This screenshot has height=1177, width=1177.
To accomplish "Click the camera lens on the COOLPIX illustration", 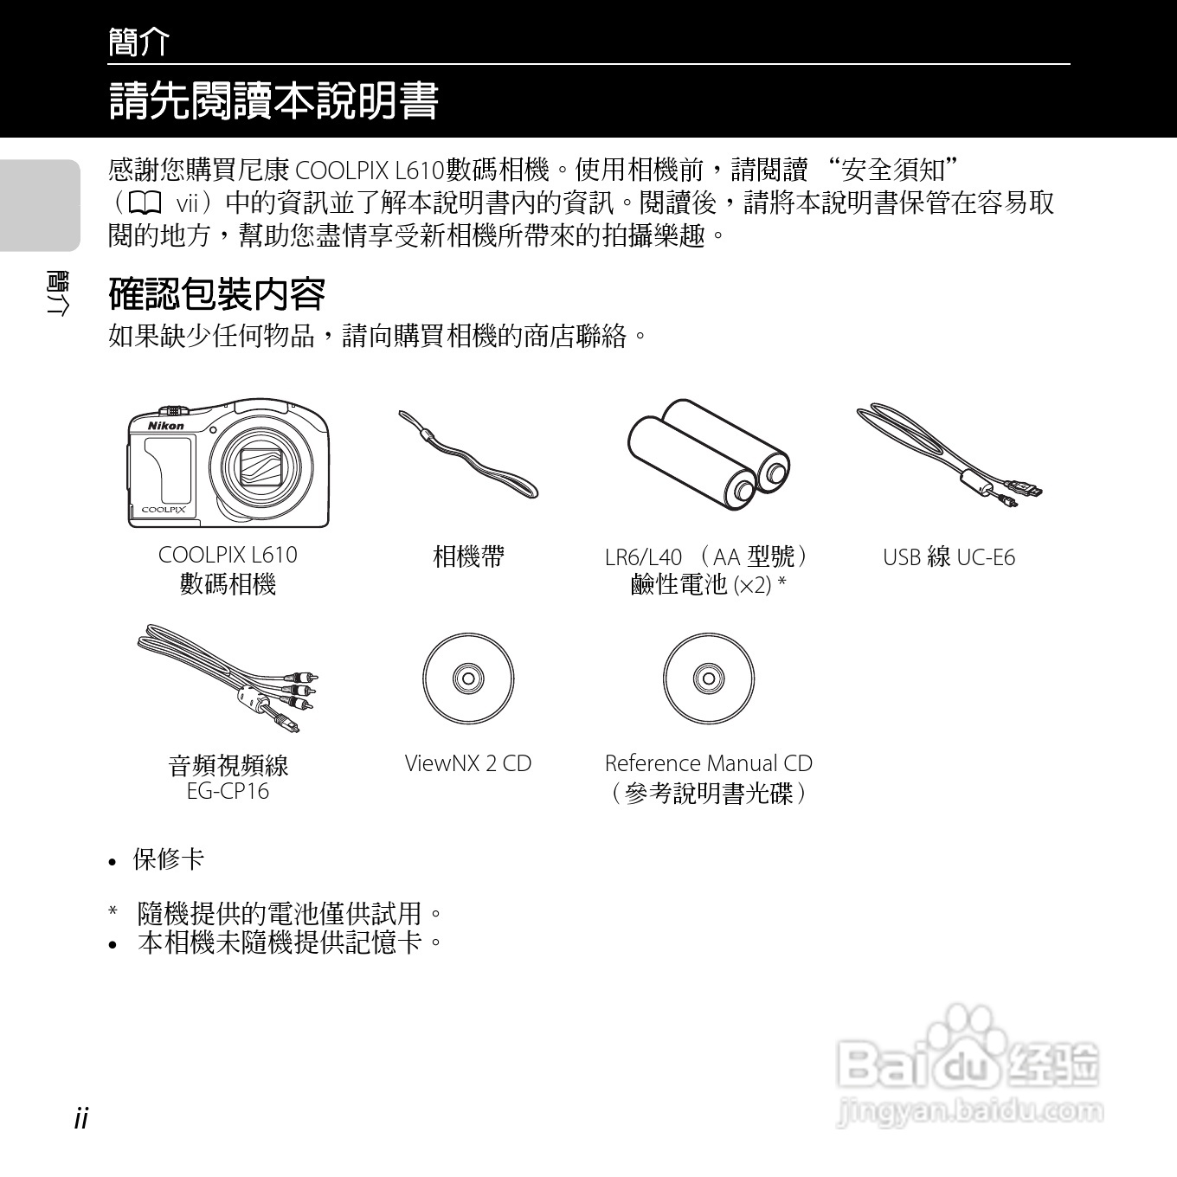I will click(262, 468).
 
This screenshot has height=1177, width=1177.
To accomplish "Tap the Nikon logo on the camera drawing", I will click(165, 425).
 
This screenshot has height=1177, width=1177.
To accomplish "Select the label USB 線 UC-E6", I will click(949, 557).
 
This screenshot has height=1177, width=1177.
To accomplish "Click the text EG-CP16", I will click(228, 791).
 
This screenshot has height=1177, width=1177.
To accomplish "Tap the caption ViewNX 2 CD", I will click(468, 763).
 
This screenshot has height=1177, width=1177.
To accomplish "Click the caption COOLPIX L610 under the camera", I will click(228, 555).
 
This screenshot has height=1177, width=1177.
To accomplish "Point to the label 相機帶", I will click(468, 556).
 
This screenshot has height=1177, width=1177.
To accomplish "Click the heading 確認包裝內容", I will click(216, 294).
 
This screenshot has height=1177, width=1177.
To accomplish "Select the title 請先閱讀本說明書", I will click(273, 101).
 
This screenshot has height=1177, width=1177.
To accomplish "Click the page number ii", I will click(81, 1117).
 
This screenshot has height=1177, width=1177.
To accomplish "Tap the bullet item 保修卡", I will click(168, 859).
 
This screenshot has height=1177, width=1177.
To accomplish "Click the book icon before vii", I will click(145, 203).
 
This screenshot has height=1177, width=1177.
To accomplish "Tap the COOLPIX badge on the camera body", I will click(164, 510).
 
